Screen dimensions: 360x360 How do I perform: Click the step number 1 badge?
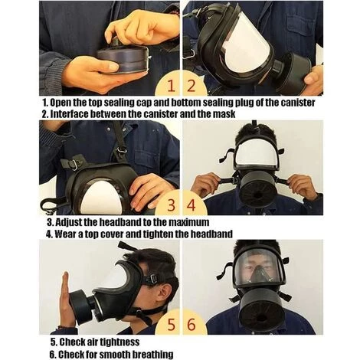[172, 86]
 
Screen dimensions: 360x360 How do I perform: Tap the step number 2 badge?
[191, 86]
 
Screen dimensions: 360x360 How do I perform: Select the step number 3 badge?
[172, 205]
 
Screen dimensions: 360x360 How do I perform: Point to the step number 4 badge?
[191, 205]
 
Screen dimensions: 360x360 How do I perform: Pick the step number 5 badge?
[172, 325]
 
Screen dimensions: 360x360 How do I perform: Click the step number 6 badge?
[191, 325]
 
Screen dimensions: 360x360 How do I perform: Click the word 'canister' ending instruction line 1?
[298, 103]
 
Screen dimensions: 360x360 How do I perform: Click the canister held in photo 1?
[123, 59]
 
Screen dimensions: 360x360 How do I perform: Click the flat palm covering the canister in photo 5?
[67, 300]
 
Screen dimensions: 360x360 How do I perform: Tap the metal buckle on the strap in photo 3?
[73, 165]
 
